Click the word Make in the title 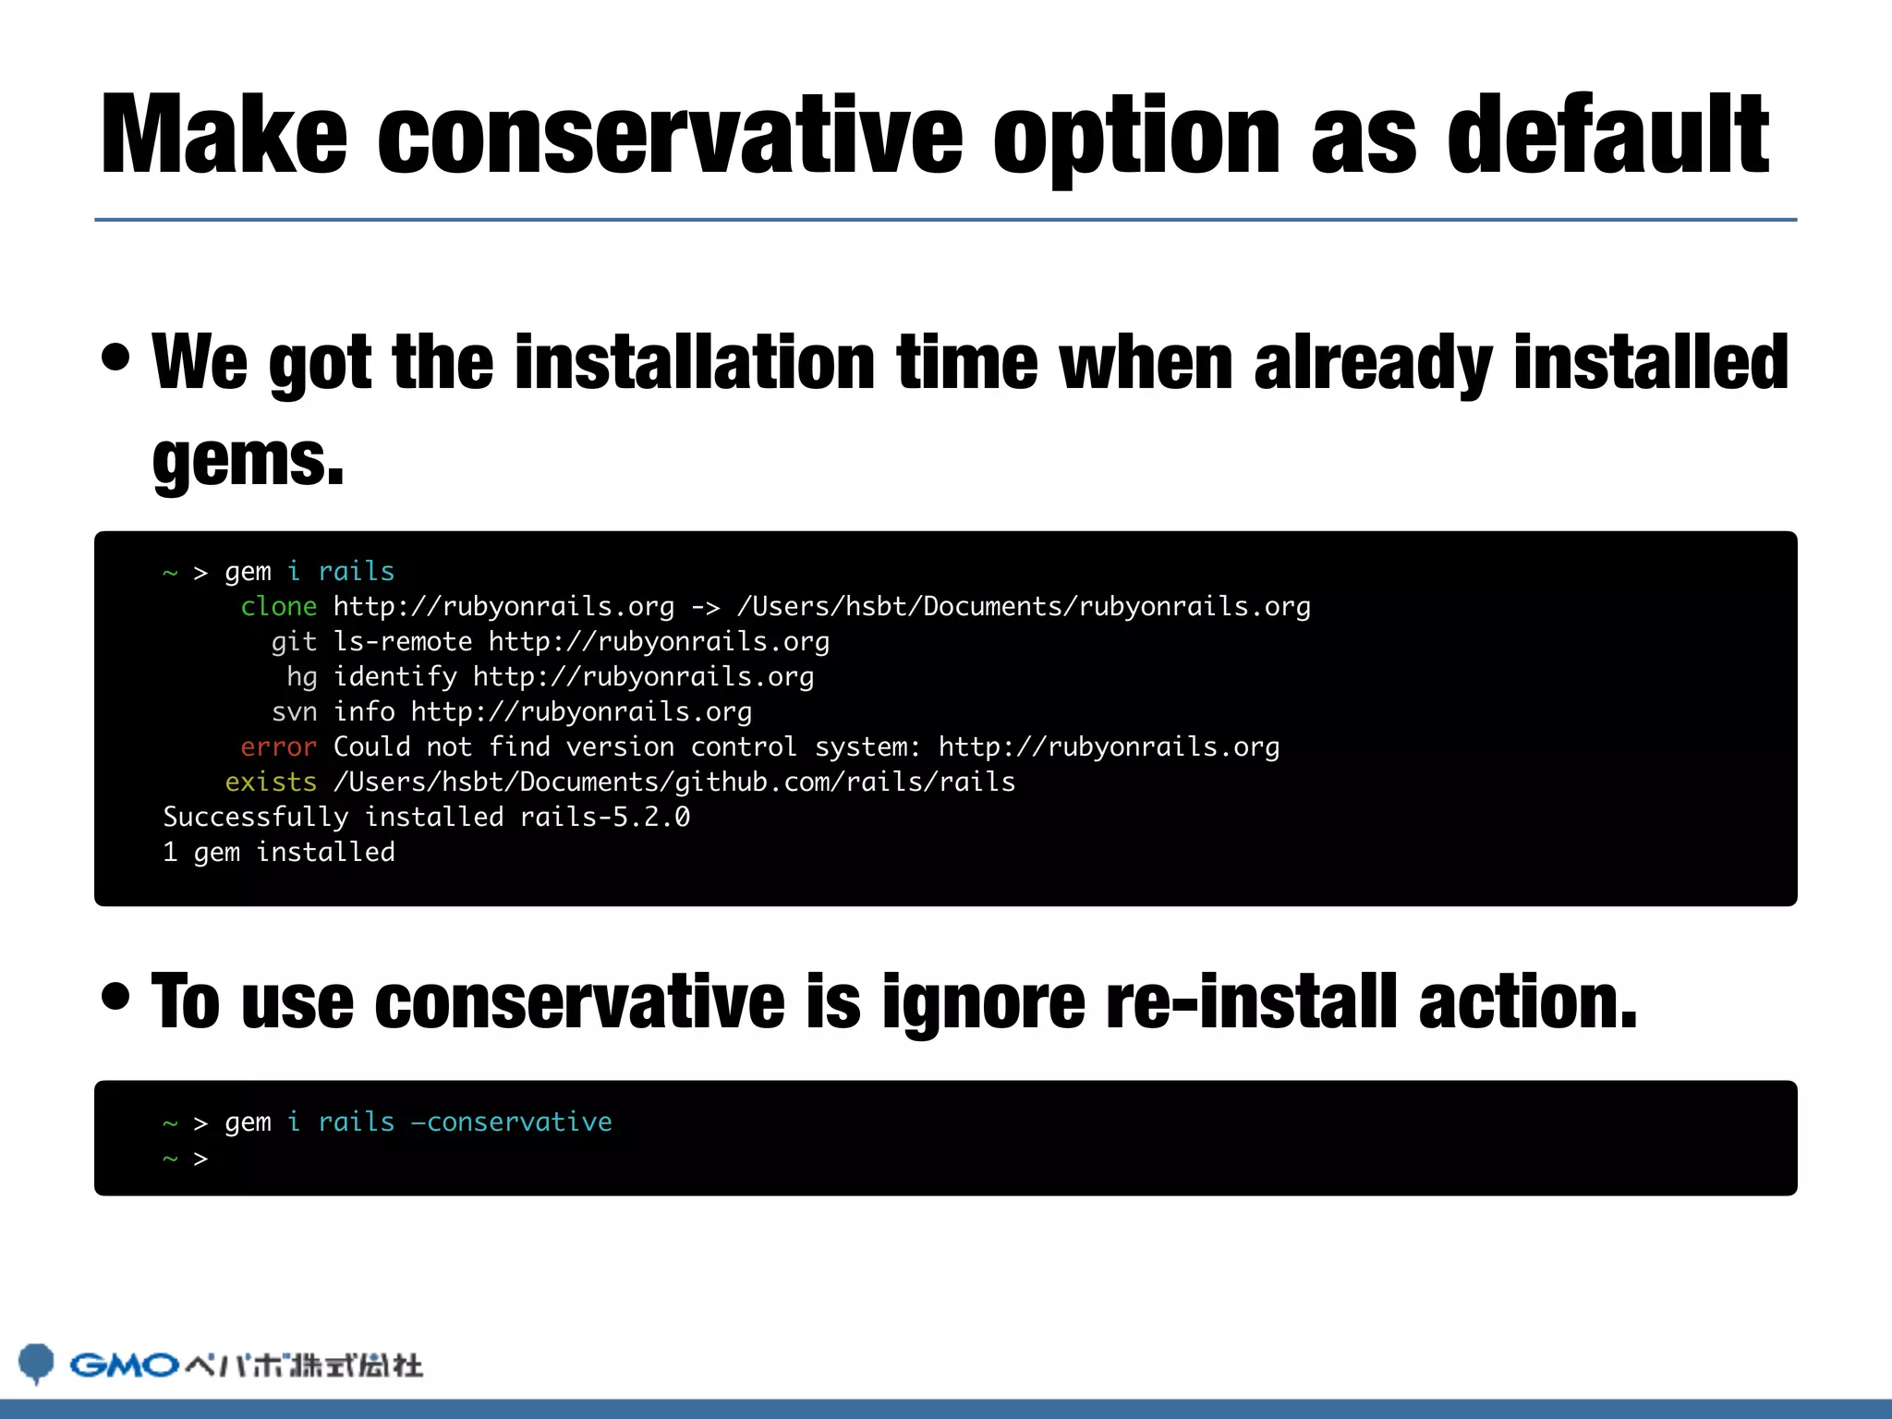(x=224, y=135)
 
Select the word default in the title (x=1607, y=135)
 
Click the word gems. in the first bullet (x=248, y=459)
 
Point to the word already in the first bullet (x=1373, y=362)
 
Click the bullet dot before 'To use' (x=116, y=996)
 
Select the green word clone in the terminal (x=278, y=607)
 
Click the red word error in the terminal (x=278, y=747)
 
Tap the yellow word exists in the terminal (x=271, y=782)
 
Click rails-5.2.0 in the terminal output (x=605, y=818)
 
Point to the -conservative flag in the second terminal (x=511, y=1122)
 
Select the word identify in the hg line (x=395, y=677)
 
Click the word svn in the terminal (x=294, y=712)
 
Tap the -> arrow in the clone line (x=706, y=607)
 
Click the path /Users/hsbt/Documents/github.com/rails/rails (x=674, y=782)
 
